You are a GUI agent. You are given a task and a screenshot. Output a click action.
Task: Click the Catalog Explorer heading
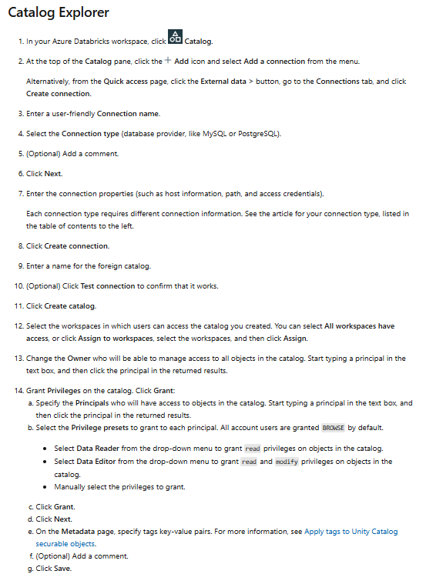pos(58,12)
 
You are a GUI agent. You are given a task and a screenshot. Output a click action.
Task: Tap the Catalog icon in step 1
pos(175,38)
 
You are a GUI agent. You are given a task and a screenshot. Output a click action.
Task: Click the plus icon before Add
pos(168,60)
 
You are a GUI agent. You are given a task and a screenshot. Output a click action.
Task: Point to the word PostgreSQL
pos(254,133)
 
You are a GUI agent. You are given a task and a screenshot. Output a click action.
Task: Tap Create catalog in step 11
pos(72,306)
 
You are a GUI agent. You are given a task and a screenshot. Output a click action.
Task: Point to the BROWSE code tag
pos(334,427)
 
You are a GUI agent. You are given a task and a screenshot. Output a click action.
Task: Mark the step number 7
pos(18,193)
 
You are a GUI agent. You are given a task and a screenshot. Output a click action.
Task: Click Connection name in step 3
pos(128,113)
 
